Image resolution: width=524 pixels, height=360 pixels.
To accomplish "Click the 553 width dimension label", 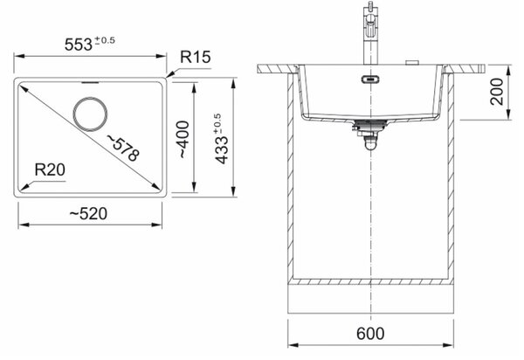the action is [79, 44].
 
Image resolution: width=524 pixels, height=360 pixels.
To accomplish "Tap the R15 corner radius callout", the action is [196, 57].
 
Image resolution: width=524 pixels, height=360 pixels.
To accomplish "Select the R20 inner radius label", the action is [50, 170].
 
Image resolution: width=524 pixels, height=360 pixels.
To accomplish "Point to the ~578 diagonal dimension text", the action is [122, 148].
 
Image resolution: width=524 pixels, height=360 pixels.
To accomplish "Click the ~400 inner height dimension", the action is [183, 140].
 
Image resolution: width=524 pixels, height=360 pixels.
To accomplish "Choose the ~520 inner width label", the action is [88, 213].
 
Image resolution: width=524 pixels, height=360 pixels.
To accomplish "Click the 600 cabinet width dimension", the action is [370, 333].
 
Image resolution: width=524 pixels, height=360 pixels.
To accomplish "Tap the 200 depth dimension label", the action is [497, 92].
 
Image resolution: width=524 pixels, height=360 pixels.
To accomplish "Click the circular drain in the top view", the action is [90, 114].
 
